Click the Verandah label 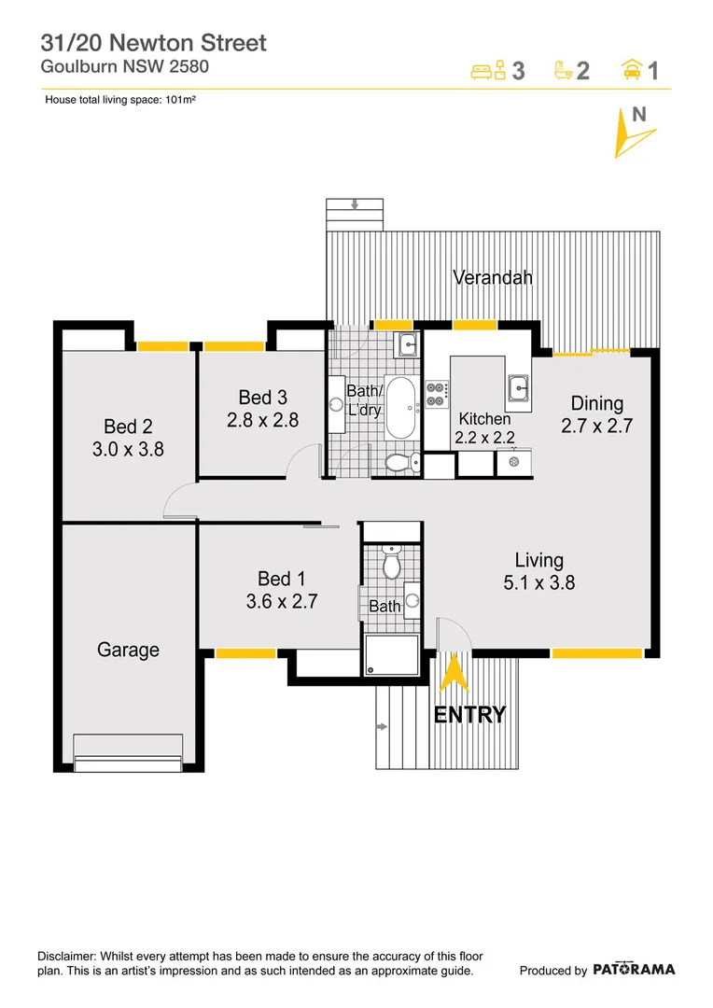[492, 277]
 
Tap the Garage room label [128, 650]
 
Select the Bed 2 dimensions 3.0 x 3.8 [128, 448]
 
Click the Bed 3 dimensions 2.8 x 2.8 [262, 420]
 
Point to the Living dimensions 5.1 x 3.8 [538, 582]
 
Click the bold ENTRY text [469, 715]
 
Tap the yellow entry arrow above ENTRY [454, 675]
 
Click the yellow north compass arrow [626, 135]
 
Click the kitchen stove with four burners [437, 394]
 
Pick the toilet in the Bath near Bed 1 [393, 563]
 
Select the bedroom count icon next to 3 [488, 70]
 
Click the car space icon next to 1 [632, 70]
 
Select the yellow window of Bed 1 [245, 653]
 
